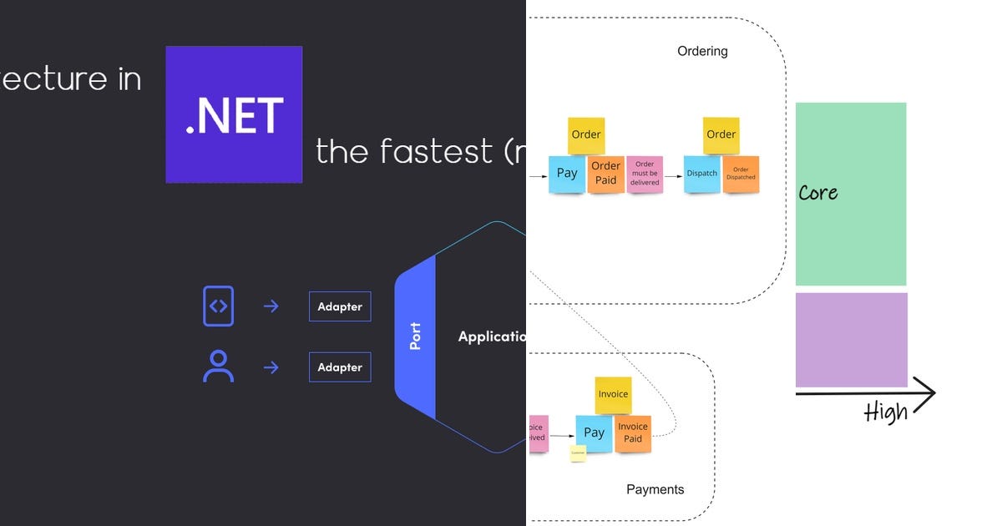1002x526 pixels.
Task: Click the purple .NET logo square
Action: [x=234, y=114]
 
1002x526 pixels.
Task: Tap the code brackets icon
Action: [x=218, y=306]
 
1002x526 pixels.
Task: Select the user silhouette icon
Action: [x=218, y=367]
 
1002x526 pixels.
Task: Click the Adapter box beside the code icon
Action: [x=340, y=306]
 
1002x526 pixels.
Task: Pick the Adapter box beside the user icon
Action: [x=340, y=367]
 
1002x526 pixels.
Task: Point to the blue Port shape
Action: [x=416, y=336]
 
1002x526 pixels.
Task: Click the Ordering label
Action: [x=702, y=51]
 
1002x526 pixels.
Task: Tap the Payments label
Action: [x=655, y=489]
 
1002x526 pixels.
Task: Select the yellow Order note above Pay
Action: [x=586, y=134]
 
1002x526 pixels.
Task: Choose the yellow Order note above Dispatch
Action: [x=721, y=134]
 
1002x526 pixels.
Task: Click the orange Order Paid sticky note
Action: [x=605, y=174]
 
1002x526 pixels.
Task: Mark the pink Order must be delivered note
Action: [x=645, y=174]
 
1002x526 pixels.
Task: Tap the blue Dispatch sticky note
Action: [x=702, y=174]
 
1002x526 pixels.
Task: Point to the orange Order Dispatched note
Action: [x=741, y=174]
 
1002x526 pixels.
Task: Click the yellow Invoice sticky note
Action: [x=613, y=394]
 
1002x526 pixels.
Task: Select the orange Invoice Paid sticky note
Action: [x=633, y=433]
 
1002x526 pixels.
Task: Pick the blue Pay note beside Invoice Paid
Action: [x=594, y=432]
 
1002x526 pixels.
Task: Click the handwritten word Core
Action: [x=817, y=193]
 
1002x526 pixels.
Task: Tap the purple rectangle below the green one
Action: [x=851, y=339]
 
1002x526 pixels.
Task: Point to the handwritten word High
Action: [x=886, y=412]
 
